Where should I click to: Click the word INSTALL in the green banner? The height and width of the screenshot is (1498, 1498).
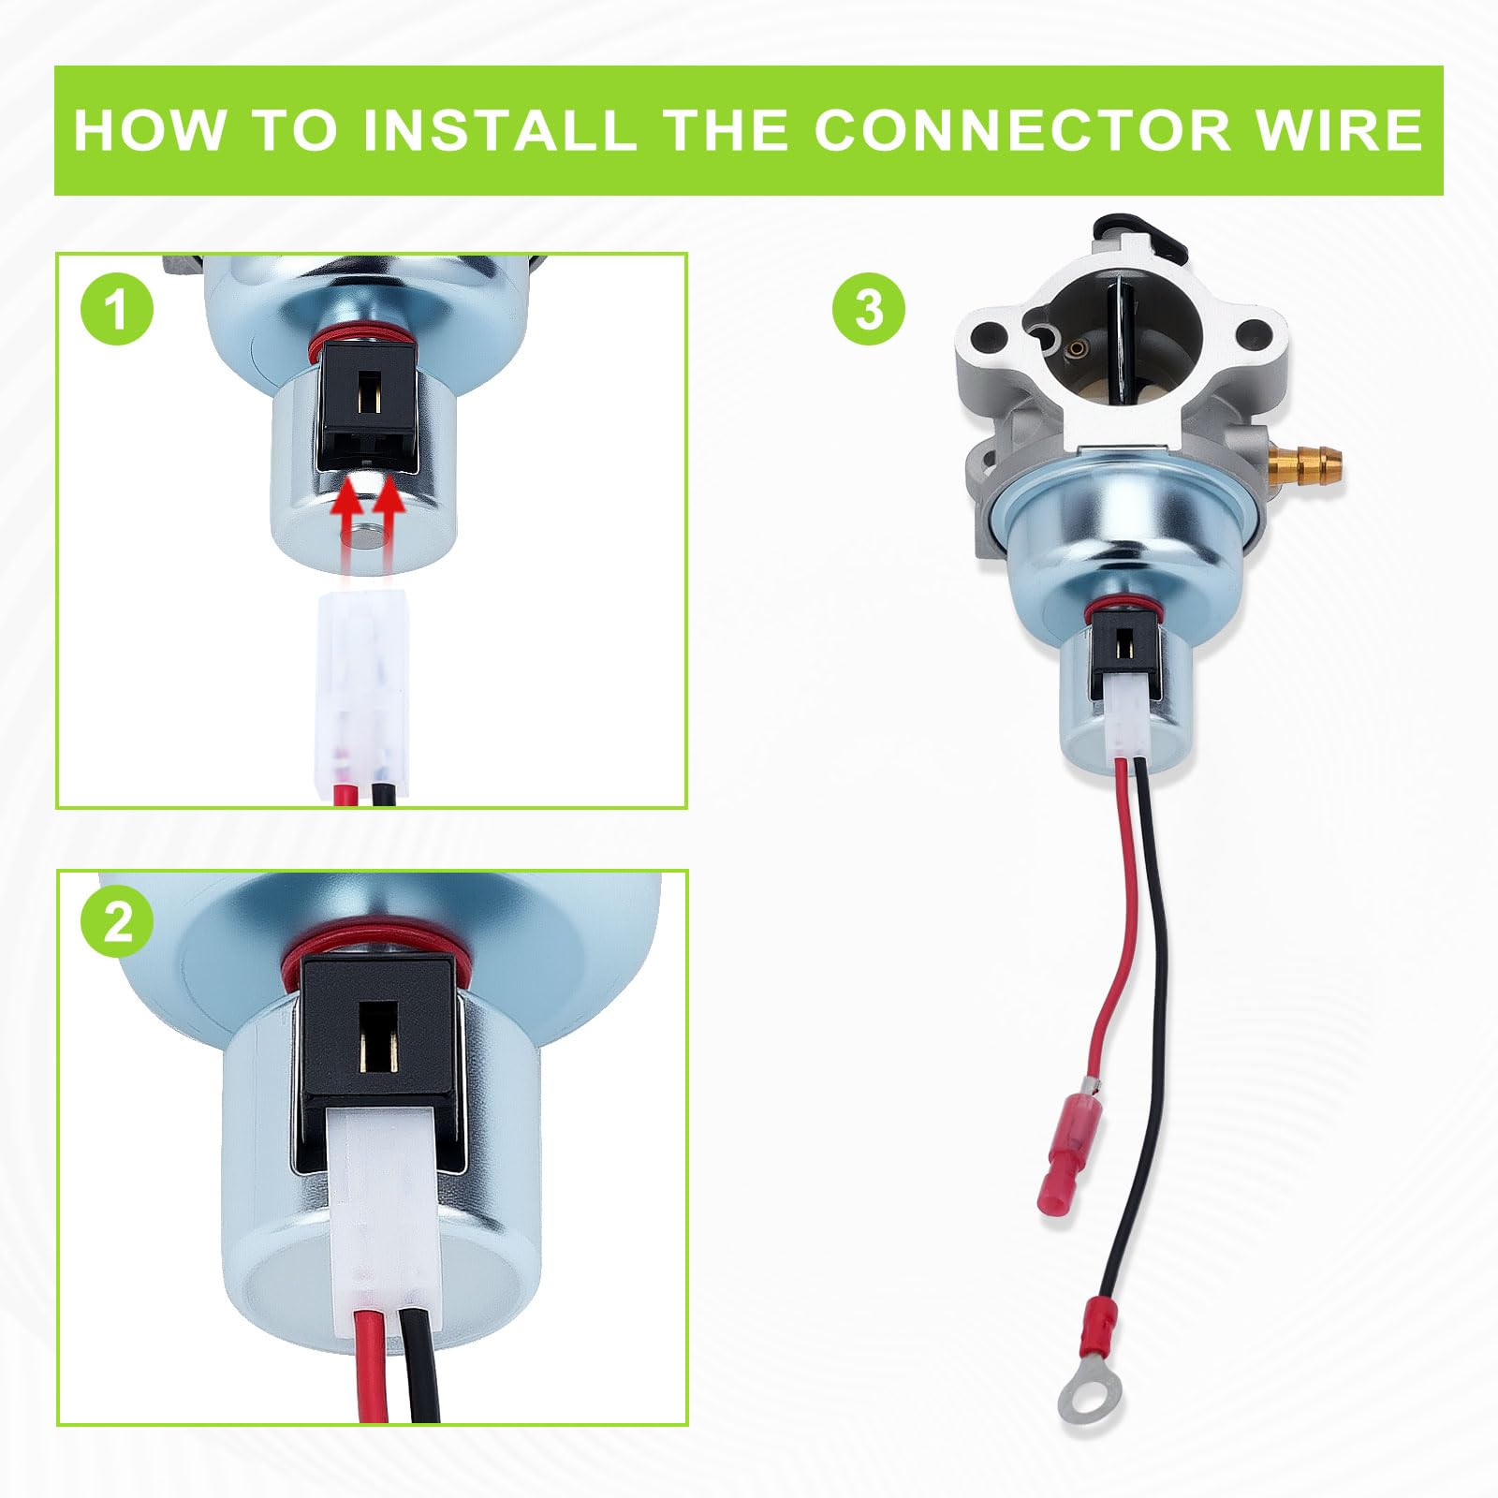tap(497, 130)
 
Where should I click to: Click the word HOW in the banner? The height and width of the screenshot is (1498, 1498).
tap(149, 130)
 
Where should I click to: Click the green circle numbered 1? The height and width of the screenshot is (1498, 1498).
tap(117, 309)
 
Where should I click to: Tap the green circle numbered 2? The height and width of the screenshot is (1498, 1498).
tap(117, 926)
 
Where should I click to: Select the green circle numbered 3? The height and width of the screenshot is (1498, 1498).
tap(869, 308)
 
